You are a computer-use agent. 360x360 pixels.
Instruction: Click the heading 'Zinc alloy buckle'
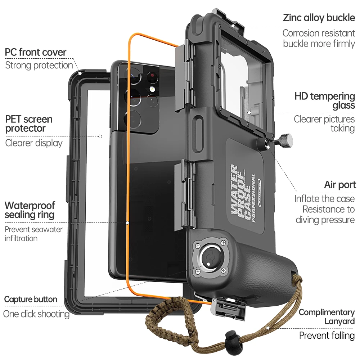tap(319, 18)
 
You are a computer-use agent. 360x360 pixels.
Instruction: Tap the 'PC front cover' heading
tap(36, 52)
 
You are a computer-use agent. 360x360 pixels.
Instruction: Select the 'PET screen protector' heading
tap(29, 123)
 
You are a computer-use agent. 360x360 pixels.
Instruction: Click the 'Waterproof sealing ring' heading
tap(30, 210)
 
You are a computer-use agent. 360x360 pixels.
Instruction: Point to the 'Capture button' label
tap(31, 299)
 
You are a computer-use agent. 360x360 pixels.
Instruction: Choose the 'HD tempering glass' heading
tap(325, 100)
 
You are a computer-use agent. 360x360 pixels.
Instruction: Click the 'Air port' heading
tap(340, 185)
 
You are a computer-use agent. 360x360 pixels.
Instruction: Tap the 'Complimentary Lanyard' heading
tap(327, 316)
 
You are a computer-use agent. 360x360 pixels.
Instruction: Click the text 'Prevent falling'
tap(327, 336)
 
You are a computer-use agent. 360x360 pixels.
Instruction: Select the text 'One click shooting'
tap(36, 314)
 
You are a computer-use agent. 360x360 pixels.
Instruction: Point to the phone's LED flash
tap(152, 89)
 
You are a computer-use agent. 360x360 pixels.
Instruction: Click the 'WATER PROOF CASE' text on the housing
tap(240, 193)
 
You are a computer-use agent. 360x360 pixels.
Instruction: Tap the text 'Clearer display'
tap(34, 143)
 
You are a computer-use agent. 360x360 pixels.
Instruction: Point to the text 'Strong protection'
tap(39, 65)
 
